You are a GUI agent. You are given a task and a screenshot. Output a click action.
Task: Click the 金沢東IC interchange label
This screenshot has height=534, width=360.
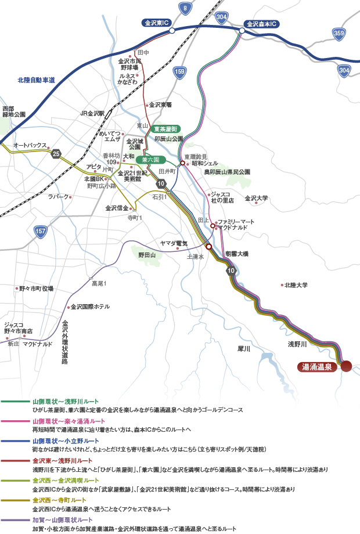click(156, 23)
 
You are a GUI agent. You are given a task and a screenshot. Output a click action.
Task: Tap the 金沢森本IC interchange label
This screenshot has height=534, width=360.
click(261, 24)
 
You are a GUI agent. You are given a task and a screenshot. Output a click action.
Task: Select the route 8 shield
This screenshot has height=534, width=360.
click(185, 8)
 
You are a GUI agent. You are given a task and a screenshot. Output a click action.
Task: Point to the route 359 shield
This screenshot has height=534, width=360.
click(339, 33)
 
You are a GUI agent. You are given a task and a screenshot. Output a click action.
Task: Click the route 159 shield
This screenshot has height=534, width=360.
click(180, 71)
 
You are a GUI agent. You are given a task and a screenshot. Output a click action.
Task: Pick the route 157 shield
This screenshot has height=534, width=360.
click(41, 232)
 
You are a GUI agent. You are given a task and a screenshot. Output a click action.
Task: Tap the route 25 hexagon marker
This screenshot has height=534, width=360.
click(56, 153)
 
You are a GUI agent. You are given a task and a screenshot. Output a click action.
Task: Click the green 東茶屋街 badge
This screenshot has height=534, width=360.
click(167, 129)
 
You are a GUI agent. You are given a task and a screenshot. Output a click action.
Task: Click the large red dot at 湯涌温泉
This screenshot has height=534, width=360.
click(346, 366)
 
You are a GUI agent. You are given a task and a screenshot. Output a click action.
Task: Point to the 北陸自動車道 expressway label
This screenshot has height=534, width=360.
click(36, 80)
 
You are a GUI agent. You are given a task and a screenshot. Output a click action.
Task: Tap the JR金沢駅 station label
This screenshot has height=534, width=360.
click(92, 113)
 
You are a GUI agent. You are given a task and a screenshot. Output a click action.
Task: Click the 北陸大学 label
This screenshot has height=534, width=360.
click(296, 285)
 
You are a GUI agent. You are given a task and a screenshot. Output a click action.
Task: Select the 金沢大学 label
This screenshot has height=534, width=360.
click(257, 198)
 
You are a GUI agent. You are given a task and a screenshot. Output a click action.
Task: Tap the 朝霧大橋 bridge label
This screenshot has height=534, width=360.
click(236, 254)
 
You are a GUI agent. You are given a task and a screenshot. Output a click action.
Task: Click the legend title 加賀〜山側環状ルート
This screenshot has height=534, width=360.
click(62, 519)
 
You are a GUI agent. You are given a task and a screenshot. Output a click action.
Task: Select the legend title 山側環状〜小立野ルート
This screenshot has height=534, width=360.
click(66, 441)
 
